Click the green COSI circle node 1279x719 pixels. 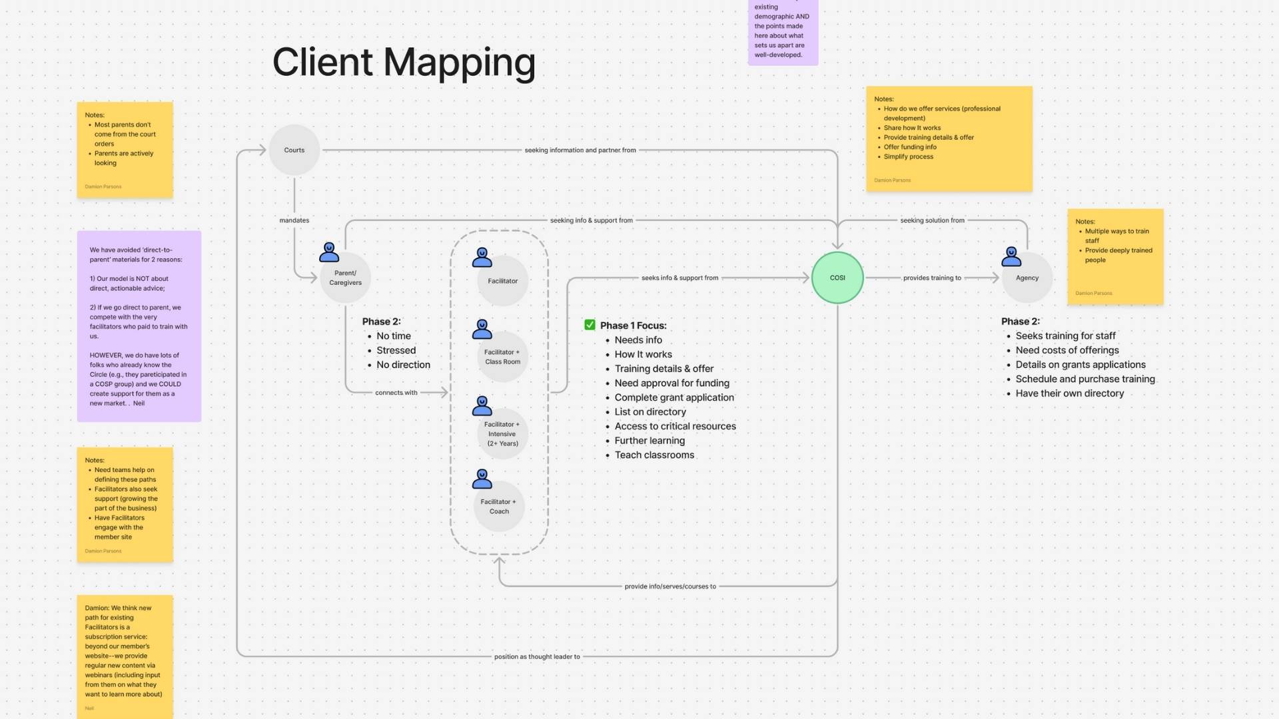[x=837, y=278]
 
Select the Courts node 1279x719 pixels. [x=294, y=150]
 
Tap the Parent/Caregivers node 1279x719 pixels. [x=345, y=278]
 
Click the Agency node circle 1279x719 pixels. [x=1027, y=278]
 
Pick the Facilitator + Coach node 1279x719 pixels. [x=499, y=507]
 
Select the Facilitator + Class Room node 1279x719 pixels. [x=502, y=357]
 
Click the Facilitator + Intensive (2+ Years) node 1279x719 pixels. [x=502, y=433]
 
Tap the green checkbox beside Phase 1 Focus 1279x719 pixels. [x=590, y=325]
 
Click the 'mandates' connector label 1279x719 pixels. [x=294, y=220]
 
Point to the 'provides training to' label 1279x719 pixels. [x=932, y=278]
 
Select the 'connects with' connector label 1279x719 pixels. [x=396, y=393]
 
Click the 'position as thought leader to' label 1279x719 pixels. [x=537, y=656]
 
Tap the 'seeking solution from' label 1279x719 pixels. [x=932, y=220]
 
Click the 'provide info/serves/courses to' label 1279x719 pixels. [x=670, y=587]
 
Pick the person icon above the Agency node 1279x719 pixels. [x=1011, y=256]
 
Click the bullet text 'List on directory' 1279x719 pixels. [x=650, y=412]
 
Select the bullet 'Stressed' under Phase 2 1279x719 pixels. [x=396, y=350]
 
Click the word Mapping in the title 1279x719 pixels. [x=459, y=63]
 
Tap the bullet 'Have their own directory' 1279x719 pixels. [x=1069, y=393]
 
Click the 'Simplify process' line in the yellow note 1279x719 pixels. [x=908, y=156]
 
